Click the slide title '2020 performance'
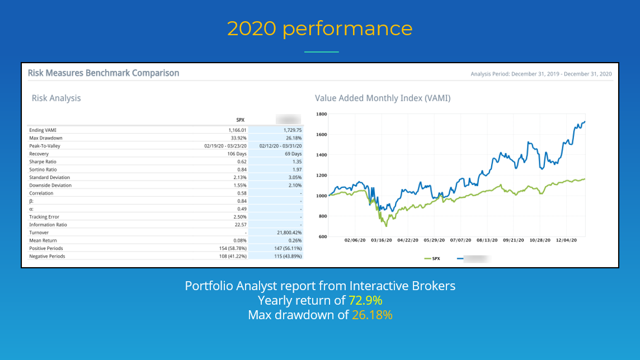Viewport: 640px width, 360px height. click(x=319, y=29)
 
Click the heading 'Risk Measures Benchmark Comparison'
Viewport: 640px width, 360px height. click(x=103, y=73)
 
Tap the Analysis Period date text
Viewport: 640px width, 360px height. click(x=541, y=74)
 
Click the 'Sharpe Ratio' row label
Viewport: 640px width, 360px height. click(x=43, y=162)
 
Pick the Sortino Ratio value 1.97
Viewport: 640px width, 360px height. click(x=297, y=169)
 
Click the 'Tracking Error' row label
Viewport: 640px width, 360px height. click(x=44, y=217)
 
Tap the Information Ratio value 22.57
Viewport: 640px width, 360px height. click(x=239, y=225)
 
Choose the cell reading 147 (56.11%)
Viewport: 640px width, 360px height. click(x=284, y=248)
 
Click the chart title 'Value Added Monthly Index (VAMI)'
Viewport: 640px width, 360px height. click(x=383, y=98)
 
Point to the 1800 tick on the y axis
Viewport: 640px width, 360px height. click(x=321, y=114)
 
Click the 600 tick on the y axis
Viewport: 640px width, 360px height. click(x=322, y=236)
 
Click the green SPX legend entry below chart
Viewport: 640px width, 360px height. click(x=432, y=259)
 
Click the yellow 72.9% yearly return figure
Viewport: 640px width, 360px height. click(x=365, y=301)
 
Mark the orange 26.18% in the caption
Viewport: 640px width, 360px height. click(x=372, y=315)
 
